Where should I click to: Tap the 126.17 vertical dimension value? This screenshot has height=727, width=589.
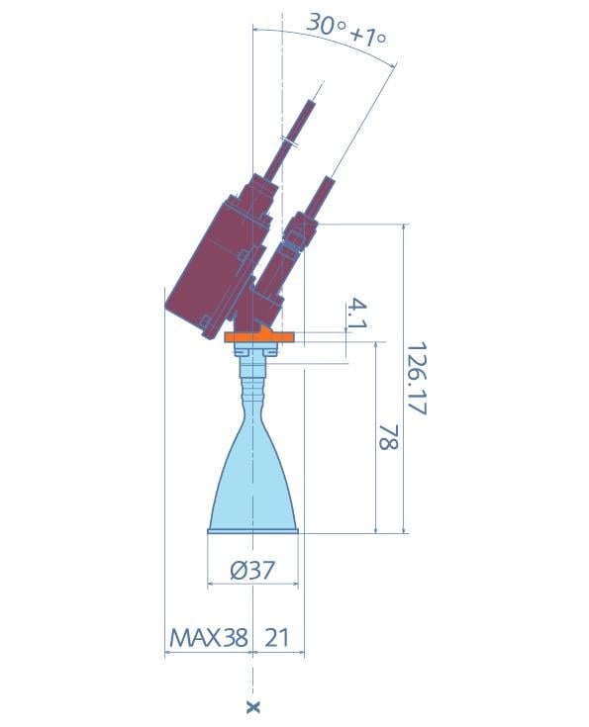point(417,378)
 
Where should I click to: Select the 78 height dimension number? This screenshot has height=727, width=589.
point(388,437)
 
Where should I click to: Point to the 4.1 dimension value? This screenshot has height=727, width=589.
point(357,314)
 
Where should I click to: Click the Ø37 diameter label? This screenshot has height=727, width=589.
point(252,570)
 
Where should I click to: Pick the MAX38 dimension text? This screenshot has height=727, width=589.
point(209,638)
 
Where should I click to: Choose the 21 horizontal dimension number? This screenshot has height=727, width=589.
point(276,638)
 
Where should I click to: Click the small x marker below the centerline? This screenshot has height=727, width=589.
point(253,707)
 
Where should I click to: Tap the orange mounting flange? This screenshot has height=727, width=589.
point(259,335)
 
